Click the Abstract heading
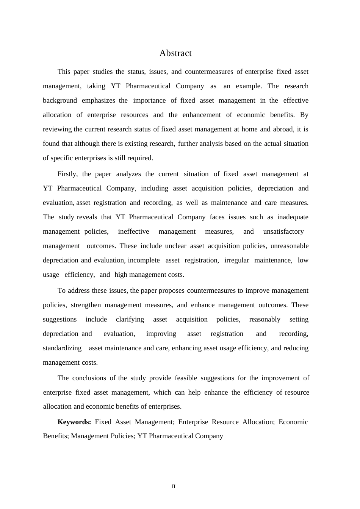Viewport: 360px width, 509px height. point(175,53)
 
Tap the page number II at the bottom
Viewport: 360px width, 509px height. point(174,487)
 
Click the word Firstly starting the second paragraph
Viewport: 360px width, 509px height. point(67,174)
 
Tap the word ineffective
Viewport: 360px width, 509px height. point(133,231)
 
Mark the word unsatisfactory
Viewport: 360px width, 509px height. point(283,231)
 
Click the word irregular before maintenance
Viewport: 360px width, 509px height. point(237,260)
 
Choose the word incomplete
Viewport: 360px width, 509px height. point(144,260)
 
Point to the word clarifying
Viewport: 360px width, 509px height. point(130,319)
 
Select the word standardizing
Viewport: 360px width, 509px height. point(62,348)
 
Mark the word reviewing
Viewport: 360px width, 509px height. point(57,129)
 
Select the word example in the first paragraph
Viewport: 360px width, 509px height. point(248,86)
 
